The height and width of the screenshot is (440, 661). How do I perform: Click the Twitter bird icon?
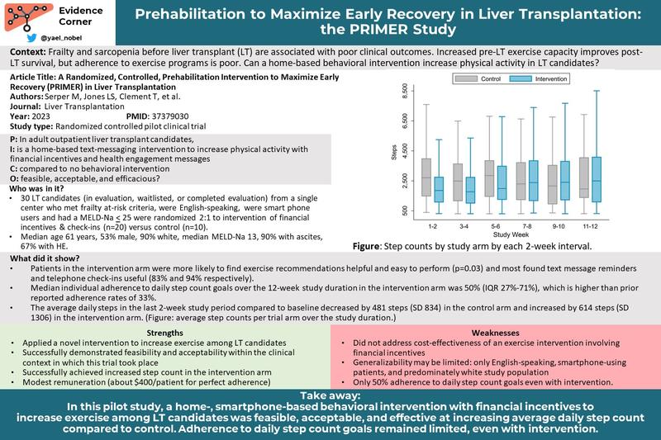point(31,38)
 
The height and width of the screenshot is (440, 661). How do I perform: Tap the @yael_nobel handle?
point(61,38)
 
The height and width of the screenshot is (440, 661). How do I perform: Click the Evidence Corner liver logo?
point(28,17)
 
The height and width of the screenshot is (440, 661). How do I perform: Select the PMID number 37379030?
point(169,116)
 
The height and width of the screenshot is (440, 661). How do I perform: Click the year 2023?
point(40,116)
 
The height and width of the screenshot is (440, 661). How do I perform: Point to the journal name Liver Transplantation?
point(84,106)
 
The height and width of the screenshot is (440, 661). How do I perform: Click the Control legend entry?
point(478,78)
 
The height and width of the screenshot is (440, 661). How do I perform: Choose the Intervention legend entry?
point(539,78)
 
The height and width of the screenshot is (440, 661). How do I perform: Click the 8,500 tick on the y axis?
point(405,91)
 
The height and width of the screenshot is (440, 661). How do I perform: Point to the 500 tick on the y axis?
point(405,211)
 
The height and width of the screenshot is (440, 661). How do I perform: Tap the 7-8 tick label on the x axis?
point(527,226)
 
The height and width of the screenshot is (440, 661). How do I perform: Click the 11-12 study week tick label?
point(590,226)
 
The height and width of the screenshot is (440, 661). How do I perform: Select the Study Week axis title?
point(511,234)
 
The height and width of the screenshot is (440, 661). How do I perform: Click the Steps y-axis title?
point(394,153)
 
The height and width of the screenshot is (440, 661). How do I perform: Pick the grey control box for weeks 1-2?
point(426,177)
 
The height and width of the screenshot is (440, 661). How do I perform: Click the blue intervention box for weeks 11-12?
point(597,180)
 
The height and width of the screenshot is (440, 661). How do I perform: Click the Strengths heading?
point(164,333)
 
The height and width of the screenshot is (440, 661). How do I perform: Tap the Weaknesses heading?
point(495,333)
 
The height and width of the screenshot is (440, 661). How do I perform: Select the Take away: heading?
point(330,395)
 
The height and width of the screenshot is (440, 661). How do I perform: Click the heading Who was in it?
point(37,189)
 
